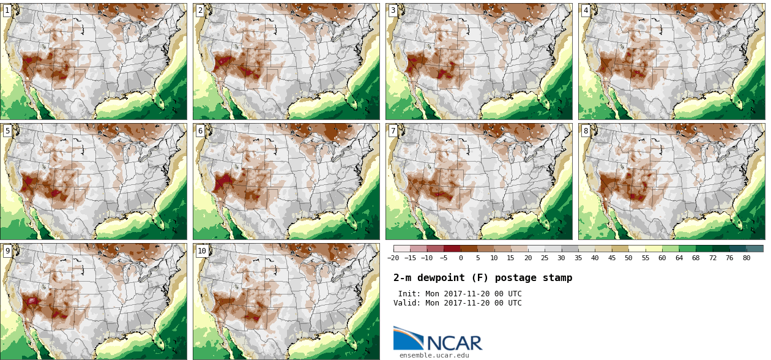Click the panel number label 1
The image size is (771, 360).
(7, 10)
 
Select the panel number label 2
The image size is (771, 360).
(200, 10)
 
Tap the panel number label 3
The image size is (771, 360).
(393, 10)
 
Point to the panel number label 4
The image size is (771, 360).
(586, 10)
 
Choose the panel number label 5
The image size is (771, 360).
(7, 130)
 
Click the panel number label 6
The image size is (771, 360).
(200, 130)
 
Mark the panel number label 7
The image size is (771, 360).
(393, 130)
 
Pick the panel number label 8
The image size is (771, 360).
(586, 130)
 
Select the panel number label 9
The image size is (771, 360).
(7, 250)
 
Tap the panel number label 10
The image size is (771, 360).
(202, 250)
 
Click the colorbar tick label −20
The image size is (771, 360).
(393, 258)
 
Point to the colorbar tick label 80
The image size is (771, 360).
(747, 258)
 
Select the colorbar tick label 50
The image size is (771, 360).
(628, 258)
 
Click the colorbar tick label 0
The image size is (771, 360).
(461, 258)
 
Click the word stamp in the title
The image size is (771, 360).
(557, 278)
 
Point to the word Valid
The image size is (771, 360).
(406, 303)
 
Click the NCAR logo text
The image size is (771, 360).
(454, 343)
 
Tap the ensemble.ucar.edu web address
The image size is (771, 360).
(434, 355)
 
